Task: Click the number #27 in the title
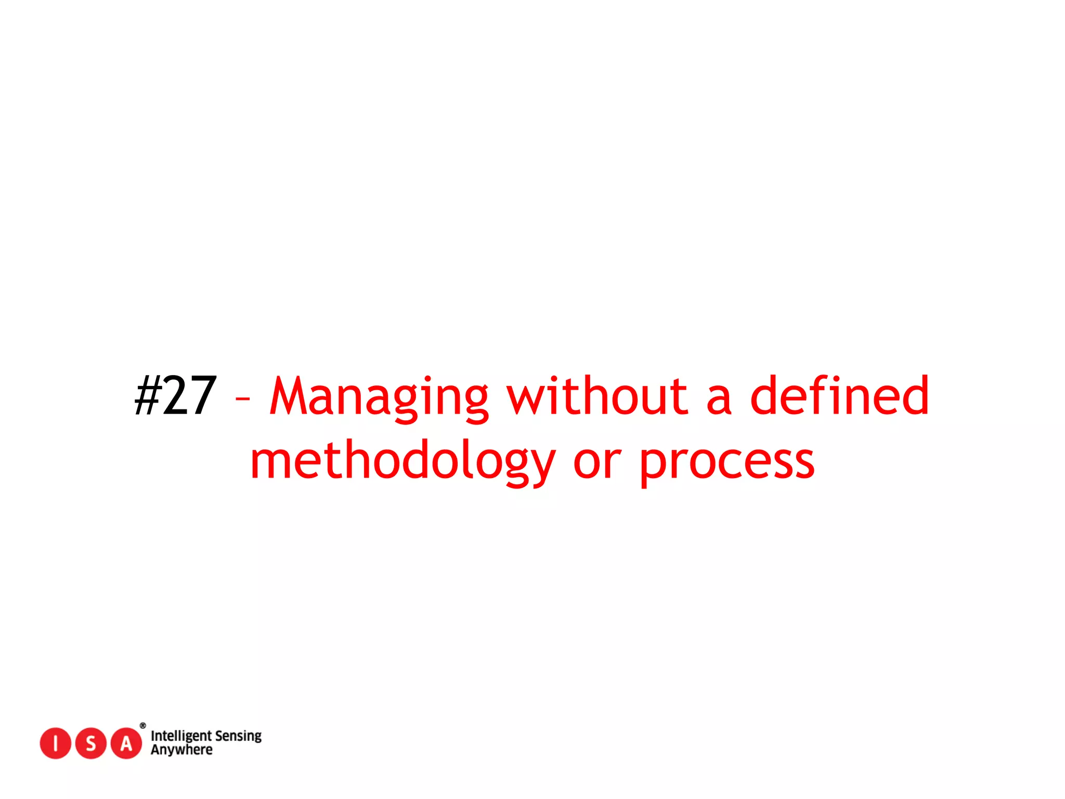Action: tap(175, 396)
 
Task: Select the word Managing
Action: tap(379, 398)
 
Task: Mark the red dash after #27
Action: tap(242, 399)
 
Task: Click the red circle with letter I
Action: tap(55, 743)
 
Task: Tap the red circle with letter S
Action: tap(91, 743)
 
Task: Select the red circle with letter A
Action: tap(126, 743)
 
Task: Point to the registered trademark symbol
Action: tap(143, 726)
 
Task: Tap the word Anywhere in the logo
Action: tap(181, 750)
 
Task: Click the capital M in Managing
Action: tap(294, 396)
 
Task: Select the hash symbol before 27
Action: tap(148, 396)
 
